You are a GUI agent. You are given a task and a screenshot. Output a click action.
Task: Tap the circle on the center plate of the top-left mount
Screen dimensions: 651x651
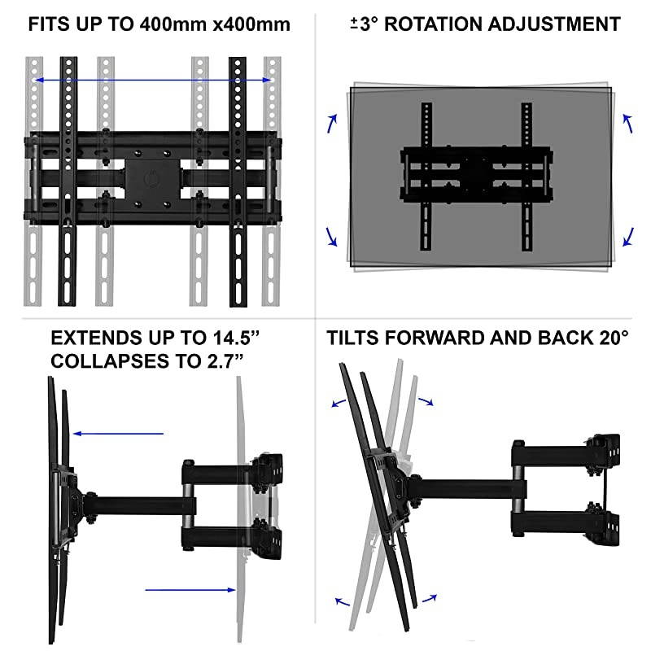(152, 177)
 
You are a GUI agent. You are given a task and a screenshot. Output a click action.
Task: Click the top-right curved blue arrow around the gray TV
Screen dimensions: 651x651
(627, 123)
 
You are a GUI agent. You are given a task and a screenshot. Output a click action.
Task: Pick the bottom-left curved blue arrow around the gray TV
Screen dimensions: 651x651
(331, 237)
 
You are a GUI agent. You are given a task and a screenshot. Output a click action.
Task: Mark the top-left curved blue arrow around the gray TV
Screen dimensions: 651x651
(332, 123)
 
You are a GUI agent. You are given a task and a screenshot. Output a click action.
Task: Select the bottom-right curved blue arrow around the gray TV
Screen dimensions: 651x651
(627, 237)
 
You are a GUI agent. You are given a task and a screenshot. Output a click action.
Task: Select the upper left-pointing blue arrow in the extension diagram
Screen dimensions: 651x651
(117, 434)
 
